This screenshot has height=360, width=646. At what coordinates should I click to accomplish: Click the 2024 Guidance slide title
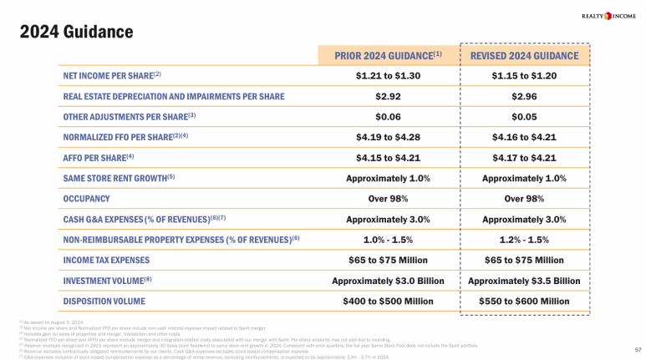coord(77,32)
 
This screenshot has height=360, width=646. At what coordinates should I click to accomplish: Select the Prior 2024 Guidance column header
coord(388,56)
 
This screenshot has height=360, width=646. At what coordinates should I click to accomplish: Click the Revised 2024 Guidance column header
coord(524,56)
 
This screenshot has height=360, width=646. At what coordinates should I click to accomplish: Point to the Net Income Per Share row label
coord(112,76)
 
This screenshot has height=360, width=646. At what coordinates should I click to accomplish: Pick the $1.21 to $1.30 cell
coord(388,76)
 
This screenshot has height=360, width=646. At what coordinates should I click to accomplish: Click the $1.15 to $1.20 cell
coord(524,76)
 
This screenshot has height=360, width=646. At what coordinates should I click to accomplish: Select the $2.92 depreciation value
coord(388,96)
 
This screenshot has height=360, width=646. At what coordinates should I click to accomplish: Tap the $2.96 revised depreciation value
coord(524,96)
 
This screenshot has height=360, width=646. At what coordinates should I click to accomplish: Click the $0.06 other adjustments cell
coord(388,116)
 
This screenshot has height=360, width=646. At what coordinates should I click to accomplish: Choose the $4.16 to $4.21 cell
coord(524,137)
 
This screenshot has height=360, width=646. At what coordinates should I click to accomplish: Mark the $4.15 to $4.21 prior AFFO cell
coord(388,157)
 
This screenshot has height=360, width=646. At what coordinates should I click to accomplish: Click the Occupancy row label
coord(86,199)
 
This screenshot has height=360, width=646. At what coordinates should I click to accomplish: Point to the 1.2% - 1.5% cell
coord(524,239)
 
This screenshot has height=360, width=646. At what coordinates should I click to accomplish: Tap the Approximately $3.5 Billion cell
coord(524,281)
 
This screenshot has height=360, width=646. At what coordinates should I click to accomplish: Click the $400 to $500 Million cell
coord(388,301)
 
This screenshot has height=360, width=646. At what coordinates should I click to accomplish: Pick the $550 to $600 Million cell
coord(524,301)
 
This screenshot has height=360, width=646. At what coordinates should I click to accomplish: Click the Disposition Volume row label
coord(104,301)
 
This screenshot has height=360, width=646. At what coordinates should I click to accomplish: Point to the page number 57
coord(637,349)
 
